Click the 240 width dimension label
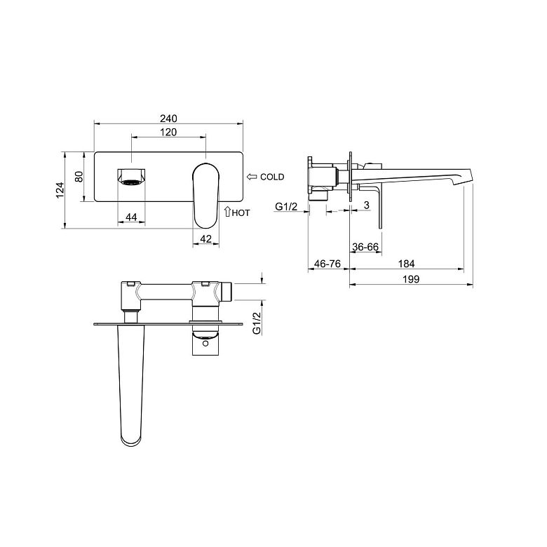[168, 119]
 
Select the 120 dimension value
[168, 133]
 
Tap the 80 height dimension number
[79, 177]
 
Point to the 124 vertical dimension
[60, 190]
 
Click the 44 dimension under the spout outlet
[131, 217]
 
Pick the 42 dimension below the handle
[206, 239]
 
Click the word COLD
[272, 177]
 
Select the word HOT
[241, 212]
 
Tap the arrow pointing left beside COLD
[252, 177]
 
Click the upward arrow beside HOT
[227, 211]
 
